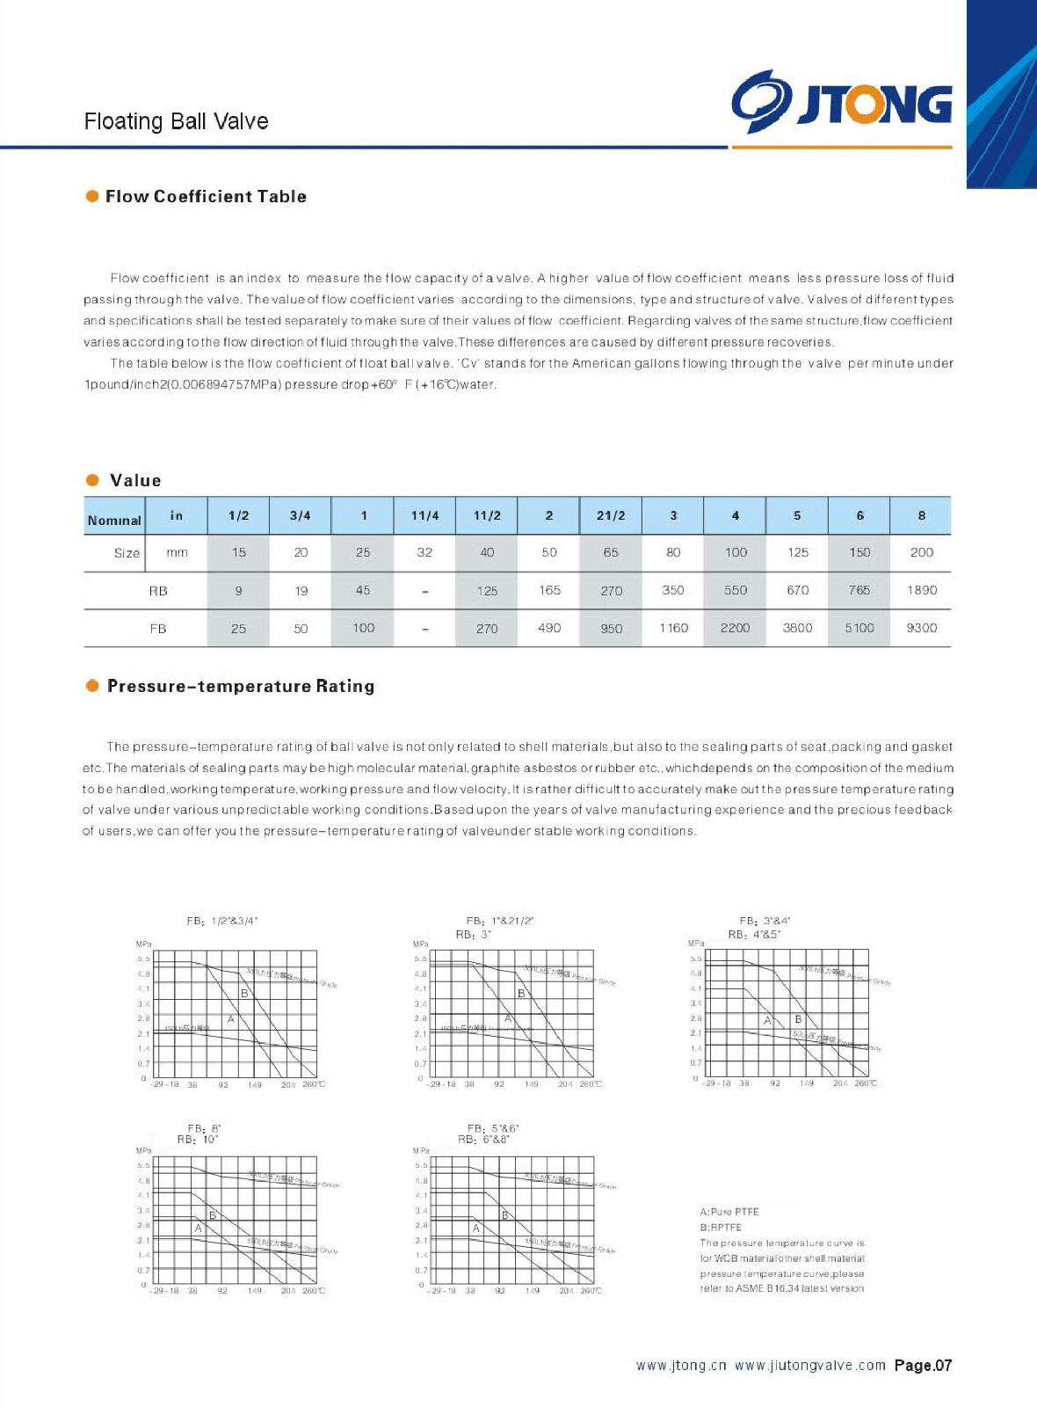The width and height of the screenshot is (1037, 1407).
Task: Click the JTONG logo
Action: pyautogui.click(x=841, y=102)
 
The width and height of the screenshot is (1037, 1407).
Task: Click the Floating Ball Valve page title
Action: pyautogui.click(x=176, y=121)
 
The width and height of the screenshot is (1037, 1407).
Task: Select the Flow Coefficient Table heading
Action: pyautogui.click(x=206, y=196)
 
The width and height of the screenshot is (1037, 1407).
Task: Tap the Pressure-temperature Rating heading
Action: pyautogui.click(x=240, y=686)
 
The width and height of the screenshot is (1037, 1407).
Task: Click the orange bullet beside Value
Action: pyautogui.click(x=92, y=480)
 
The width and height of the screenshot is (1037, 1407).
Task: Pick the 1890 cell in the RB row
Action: pyautogui.click(x=921, y=590)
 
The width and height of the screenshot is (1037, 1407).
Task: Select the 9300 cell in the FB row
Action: pyautogui.click(x=921, y=628)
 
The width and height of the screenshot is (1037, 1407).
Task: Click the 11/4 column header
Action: pyautogui.click(x=424, y=515)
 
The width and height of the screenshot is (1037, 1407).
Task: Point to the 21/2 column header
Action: pyautogui.click(x=611, y=515)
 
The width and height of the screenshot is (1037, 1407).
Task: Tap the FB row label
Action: pyautogui.click(x=158, y=629)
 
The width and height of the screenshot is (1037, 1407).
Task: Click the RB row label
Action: pyautogui.click(x=158, y=591)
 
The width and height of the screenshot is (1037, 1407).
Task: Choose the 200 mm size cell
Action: pyautogui.click(x=921, y=552)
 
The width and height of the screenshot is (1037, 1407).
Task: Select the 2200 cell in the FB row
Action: pyautogui.click(x=735, y=628)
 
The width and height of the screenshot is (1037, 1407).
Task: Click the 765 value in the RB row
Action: pyautogui.click(x=859, y=590)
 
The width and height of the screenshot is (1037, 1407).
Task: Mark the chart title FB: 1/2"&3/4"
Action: pyautogui.click(x=222, y=921)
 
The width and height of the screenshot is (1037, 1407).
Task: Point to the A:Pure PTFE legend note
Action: pyautogui.click(x=729, y=1212)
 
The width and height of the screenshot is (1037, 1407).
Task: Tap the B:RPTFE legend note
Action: pyautogui.click(x=721, y=1228)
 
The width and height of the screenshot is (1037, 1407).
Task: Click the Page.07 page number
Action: pyautogui.click(x=923, y=1366)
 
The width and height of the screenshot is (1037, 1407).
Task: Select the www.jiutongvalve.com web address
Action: pyautogui.click(x=810, y=1366)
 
